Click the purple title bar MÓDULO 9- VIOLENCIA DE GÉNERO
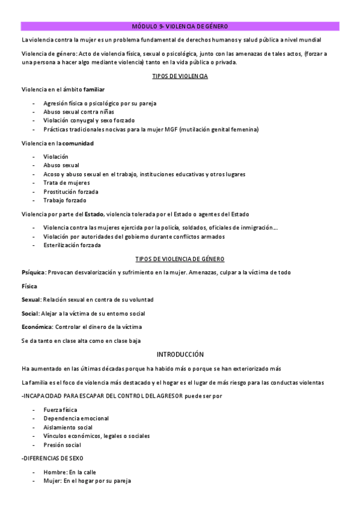[x=180, y=26]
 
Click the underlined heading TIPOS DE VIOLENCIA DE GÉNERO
[x=180, y=259]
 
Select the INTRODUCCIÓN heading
[x=180, y=355]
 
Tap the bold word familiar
[x=94, y=90]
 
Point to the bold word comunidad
[x=78, y=143]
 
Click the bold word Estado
[x=94, y=214]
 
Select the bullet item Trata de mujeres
[x=66, y=183]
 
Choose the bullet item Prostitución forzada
[x=71, y=192]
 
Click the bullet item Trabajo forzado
[x=65, y=200]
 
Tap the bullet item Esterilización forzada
[x=72, y=245]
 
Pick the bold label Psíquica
[x=33, y=272]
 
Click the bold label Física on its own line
[x=29, y=286]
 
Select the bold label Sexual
[x=31, y=300]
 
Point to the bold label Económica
[x=37, y=327]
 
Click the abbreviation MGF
[x=169, y=129]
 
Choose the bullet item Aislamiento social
[x=68, y=427]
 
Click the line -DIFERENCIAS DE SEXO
[x=53, y=458]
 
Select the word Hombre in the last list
[x=54, y=472]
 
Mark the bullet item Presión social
[x=63, y=445]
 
